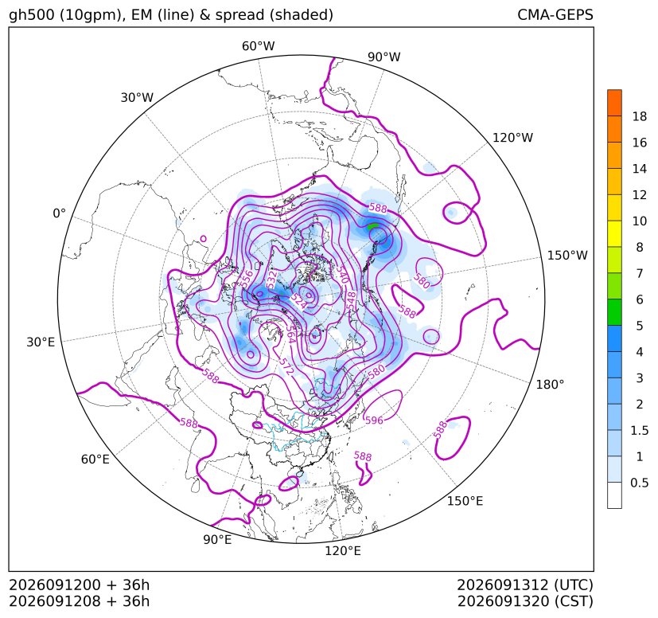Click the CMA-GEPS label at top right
(555, 14)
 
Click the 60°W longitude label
(259, 46)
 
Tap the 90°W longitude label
(384, 57)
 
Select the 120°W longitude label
(512, 138)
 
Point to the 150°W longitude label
(567, 255)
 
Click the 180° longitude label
(550, 385)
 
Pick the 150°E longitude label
(465, 501)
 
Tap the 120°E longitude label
(343, 551)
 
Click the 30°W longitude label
(137, 97)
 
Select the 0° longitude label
(59, 213)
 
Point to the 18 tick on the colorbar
(640, 116)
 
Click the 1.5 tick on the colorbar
(639, 430)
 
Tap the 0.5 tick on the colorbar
(639, 483)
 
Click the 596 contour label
(374, 420)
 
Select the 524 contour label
(298, 301)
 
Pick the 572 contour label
(286, 366)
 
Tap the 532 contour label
(271, 280)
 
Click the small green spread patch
(372, 226)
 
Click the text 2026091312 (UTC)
(525, 585)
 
